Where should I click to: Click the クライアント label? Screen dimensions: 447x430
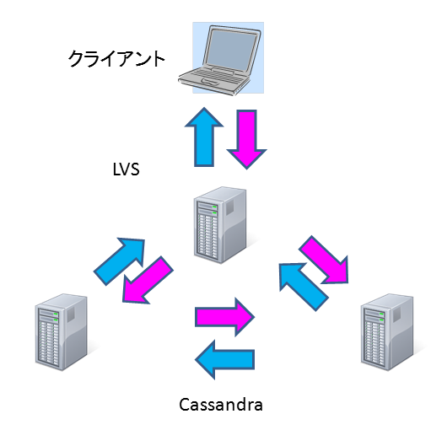(x=116, y=59)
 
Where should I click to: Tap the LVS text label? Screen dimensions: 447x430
(x=126, y=169)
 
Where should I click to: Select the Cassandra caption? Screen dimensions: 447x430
(x=221, y=405)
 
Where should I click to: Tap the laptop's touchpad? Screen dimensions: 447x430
(x=211, y=82)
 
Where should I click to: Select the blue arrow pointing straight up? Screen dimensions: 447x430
(x=204, y=137)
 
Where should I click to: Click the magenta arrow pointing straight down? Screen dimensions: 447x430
(x=247, y=139)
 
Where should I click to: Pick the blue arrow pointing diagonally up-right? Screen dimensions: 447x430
(x=119, y=261)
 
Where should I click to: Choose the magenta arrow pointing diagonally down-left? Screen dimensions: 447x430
(x=148, y=280)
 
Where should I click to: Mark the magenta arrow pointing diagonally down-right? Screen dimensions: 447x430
(x=324, y=260)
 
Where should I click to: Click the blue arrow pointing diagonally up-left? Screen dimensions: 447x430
(x=304, y=287)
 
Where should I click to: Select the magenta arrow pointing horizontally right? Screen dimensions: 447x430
(x=224, y=317)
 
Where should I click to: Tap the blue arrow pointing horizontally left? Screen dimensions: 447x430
(x=224, y=360)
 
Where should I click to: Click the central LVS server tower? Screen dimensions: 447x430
(x=220, y=225)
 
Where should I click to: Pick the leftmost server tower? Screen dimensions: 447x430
(x=62, y=332)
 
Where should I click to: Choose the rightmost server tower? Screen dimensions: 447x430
(x=387, y=332)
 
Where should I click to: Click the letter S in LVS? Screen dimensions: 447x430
(x=135, y=169)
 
